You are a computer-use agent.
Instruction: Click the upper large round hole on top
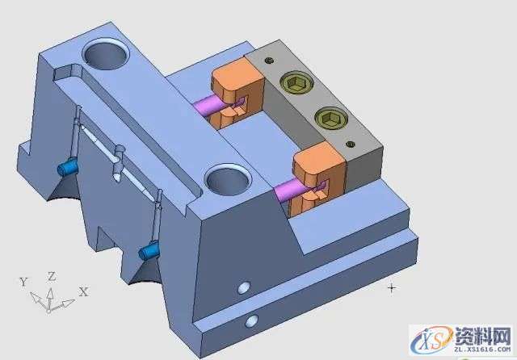point(106,54)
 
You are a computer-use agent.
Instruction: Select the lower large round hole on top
point(228,181)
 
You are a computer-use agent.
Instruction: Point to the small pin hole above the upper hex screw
point(270,61)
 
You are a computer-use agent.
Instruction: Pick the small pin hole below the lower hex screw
point(351,144)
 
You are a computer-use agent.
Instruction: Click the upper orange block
point(237,94)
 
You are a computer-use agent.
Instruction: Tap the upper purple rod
point(206,105)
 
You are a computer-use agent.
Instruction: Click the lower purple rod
point(288,191)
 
